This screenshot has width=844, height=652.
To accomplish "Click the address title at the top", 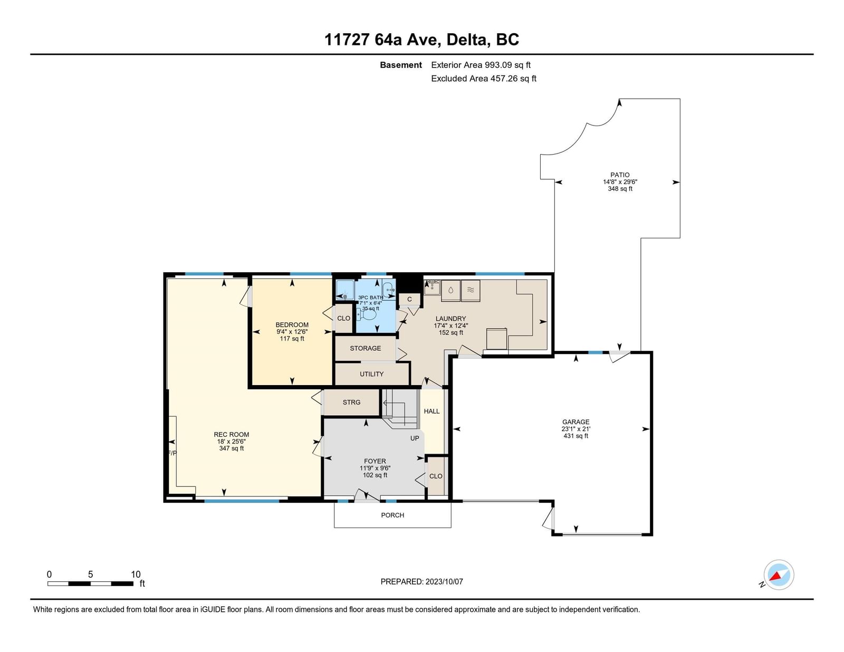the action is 421,40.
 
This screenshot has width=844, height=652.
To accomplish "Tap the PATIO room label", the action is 620,175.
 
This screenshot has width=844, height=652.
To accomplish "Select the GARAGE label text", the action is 576,421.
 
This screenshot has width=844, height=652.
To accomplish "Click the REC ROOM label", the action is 232,435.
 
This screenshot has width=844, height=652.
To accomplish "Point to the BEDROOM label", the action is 292,324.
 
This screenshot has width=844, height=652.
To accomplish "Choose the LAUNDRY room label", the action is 450,319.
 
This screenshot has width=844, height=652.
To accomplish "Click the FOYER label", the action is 375,462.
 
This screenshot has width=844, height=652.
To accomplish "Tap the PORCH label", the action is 392,515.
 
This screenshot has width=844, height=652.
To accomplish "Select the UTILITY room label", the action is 372,374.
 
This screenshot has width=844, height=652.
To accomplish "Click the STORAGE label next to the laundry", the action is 366,348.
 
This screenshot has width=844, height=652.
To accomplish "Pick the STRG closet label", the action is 351,402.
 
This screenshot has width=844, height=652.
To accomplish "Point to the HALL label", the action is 431,411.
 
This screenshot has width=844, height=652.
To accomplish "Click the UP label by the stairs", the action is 415,438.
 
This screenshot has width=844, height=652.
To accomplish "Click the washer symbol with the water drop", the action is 450,290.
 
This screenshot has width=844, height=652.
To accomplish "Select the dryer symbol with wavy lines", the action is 471,290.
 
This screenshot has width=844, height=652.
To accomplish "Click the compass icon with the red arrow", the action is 779,575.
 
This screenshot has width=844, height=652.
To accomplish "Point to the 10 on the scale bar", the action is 136,574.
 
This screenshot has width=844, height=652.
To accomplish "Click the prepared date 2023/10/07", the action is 444,581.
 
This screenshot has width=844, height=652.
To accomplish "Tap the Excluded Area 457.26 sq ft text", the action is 484,79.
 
